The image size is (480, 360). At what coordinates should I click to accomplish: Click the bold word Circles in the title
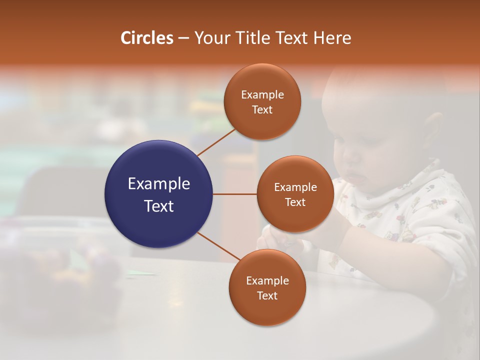point(146,38)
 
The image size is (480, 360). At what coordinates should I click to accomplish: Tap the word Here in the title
point(332,38)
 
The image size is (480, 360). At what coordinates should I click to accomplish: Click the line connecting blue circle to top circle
point(216,142)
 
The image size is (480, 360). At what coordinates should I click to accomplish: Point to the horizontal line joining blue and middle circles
point(234,194)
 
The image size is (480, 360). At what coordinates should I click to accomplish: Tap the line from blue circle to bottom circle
point(219,246)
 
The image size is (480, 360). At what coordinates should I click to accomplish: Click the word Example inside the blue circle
point(159,183)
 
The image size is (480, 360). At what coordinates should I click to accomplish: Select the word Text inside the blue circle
point(159,206)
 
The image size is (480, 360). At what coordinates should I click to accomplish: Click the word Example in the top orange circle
point(262,95)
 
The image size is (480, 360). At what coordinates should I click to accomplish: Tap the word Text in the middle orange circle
point(295,202)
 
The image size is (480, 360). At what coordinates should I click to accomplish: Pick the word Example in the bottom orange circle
point(267,281)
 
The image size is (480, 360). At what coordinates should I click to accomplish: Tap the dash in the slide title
point(183,38)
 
